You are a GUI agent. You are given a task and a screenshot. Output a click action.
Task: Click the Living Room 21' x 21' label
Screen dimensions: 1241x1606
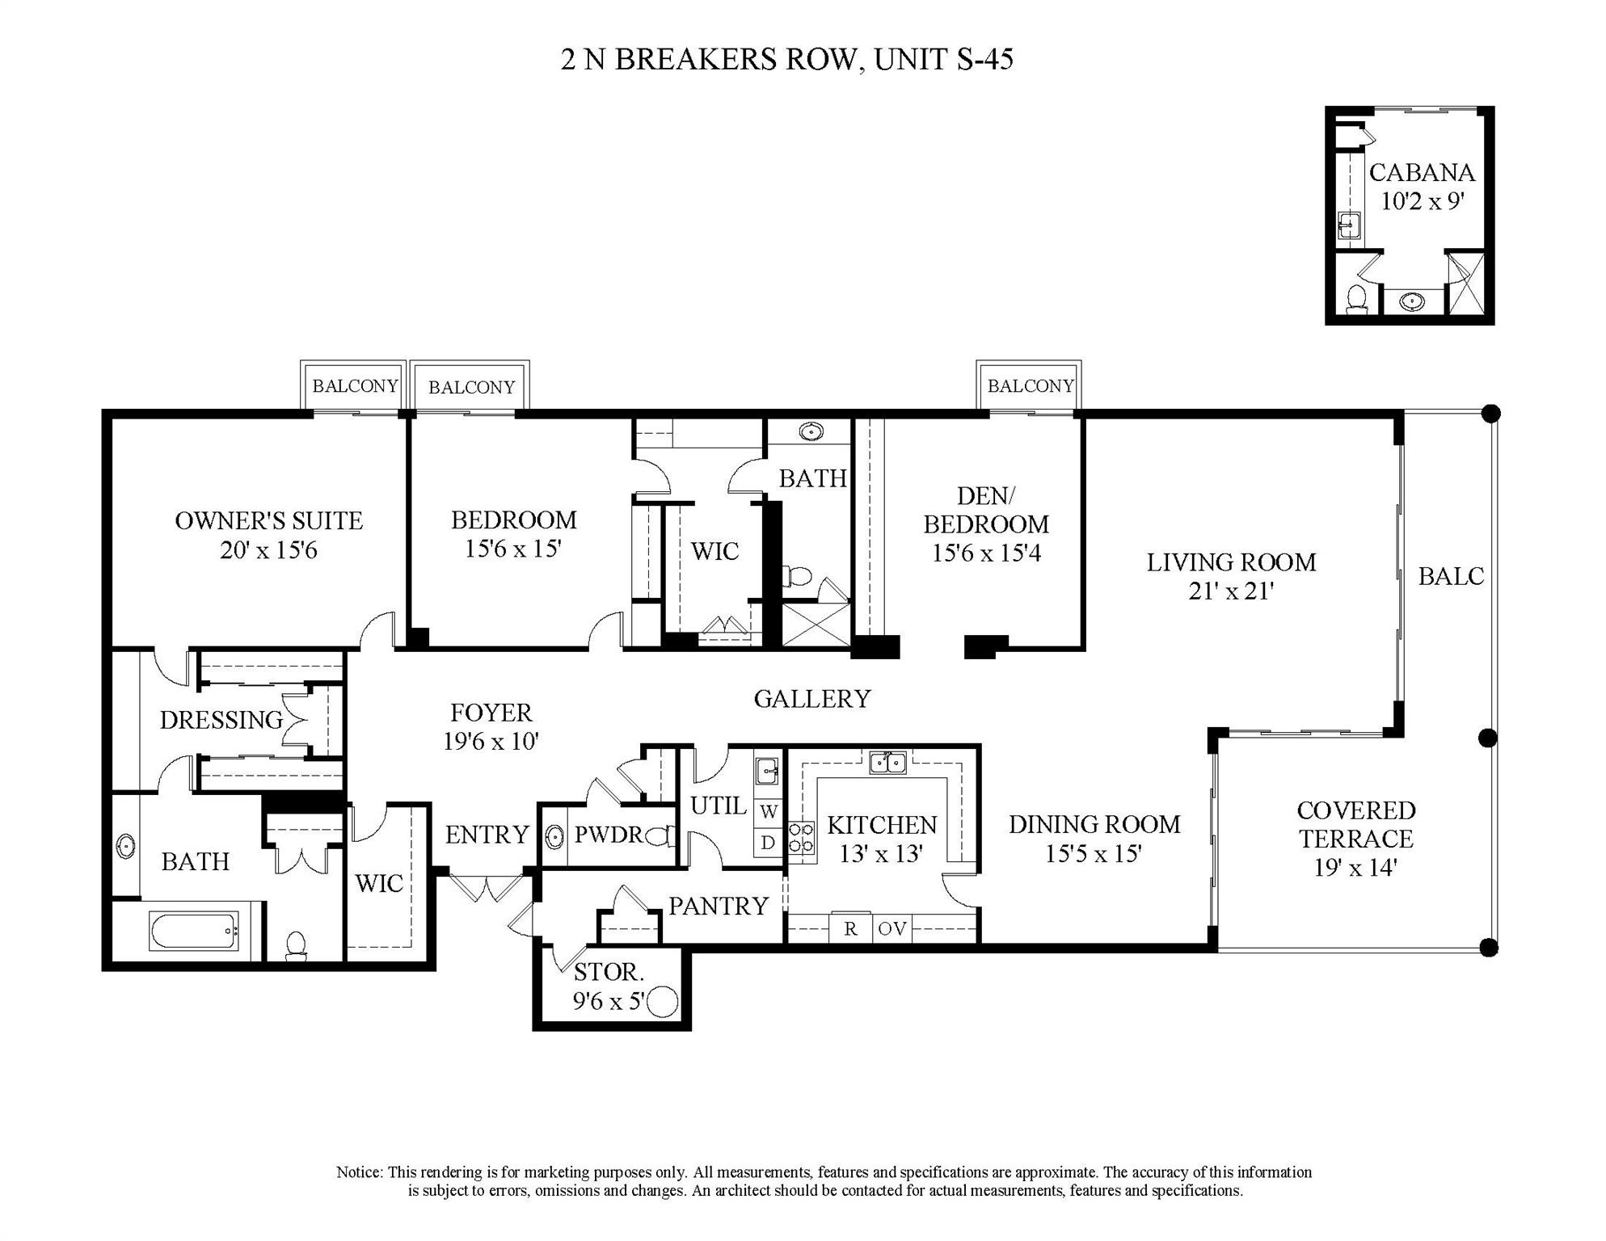(1230, 576)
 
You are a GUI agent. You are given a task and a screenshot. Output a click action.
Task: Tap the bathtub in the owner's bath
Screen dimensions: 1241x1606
(194, 931)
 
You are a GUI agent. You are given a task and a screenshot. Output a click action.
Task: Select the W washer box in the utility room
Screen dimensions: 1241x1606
(768, 812)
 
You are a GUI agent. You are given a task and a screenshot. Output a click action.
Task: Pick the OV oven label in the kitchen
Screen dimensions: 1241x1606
(892, 929)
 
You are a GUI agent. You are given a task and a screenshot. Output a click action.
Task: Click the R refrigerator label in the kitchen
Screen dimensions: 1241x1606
(850, 929)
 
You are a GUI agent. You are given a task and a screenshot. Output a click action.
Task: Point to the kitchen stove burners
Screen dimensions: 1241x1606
(801, 838)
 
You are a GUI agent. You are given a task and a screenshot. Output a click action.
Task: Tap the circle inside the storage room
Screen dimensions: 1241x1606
(663, 1002)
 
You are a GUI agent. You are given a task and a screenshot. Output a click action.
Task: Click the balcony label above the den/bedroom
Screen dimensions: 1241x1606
(1030, 386)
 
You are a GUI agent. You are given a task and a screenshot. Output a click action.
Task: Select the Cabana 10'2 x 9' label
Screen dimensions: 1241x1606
(1422, 187)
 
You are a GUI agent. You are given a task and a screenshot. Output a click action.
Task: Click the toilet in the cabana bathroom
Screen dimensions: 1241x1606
(1357, 299)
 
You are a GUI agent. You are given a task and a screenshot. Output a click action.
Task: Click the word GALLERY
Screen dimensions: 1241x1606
(811, 699)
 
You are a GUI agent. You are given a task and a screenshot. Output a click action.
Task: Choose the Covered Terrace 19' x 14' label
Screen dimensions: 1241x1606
(1355, 838)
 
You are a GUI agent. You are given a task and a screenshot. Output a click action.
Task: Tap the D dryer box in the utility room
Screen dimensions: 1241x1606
(768, 843)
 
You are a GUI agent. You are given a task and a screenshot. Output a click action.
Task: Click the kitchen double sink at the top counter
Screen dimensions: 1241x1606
(887, 762)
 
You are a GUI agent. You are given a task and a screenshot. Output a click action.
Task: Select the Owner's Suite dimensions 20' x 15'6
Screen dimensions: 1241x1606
(268, 550)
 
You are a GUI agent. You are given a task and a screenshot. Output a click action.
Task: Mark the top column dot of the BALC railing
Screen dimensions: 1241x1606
(1491, 414)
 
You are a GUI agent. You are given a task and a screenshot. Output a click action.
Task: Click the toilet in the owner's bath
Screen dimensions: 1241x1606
(297, 945)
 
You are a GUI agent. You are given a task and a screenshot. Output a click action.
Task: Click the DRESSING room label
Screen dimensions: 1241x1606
(221, 720)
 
